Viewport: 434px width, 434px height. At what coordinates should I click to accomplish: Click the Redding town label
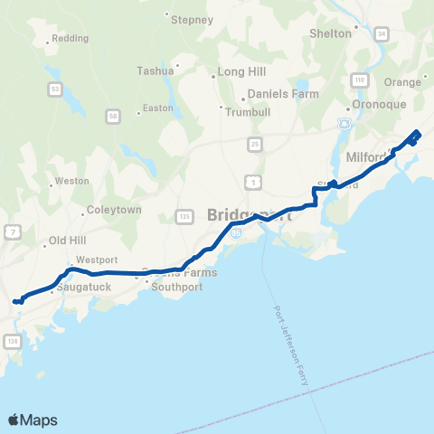point(70,39)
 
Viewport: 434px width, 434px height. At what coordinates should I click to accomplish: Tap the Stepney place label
point(192,19)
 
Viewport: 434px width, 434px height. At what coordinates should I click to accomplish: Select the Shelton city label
point(330,33)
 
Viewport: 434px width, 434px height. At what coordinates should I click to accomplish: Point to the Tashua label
point(155,71)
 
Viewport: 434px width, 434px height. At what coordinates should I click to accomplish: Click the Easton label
point(157,108)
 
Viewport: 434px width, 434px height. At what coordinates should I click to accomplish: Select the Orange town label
point(403,81)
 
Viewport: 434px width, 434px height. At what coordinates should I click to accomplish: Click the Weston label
point(72,181)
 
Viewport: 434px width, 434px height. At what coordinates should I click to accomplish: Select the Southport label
point(177,288)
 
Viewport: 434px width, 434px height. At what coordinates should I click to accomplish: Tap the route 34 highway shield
point(382,33)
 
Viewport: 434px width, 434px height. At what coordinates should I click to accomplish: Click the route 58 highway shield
point(112,116)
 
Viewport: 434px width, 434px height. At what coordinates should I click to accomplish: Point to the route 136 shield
point(12,340)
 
